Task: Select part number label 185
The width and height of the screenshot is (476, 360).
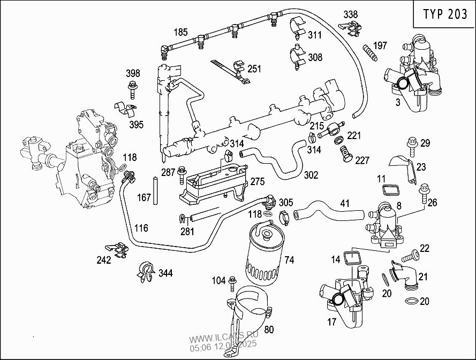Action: coord(180,32)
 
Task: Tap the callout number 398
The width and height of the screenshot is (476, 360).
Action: coord(133,73)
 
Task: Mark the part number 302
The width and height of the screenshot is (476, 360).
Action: coord(311,175)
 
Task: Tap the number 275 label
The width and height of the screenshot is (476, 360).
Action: coord(258,182)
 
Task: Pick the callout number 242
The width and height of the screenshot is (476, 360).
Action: coord(103,260)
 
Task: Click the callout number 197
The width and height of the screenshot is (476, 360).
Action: coord(380,45)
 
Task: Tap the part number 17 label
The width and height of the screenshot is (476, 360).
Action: coord(331,322)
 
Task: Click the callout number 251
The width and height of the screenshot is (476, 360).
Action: coord(254,68)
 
